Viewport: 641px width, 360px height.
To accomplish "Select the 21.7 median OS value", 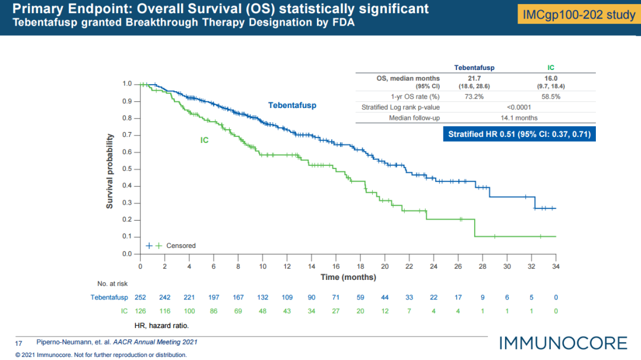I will pyautogui.click(x=474, y=78).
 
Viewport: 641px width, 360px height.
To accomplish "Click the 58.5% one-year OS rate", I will pyautogui.click(x=551, y=96).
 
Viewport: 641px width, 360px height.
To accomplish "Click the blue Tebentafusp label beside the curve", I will pyautogui.click(x=292, y=106).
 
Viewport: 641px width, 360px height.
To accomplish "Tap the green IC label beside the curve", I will pyautogui.click(x=204, y=141).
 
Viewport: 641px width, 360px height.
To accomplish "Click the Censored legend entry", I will pyautogui.click(x=181, y=246).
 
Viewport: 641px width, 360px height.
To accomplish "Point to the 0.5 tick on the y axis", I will pyautogui.click(x=127, y=169).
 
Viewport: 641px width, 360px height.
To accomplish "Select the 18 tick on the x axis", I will pyautogui.click(x=360, y=266).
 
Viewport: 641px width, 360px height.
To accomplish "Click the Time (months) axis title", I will pyautogui.click(x=348, y=277).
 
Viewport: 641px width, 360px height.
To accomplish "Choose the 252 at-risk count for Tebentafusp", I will pyautogui.click(x=140, y=297).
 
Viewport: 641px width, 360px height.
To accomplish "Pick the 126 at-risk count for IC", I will pyautogui.click(x=140, y=311).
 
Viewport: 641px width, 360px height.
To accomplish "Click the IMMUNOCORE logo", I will pyautogui.click(x=563, y=343).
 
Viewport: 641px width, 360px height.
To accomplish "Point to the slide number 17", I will pyautogui.click(x=18, y=342).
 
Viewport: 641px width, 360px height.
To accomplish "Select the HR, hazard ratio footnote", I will pyautogui.click(x=160, y=326).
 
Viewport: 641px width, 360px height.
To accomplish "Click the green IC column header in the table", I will pyautogui.click(x=551, y=68).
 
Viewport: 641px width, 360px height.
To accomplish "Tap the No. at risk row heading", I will pyautogui.click(x=112, y=283).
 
